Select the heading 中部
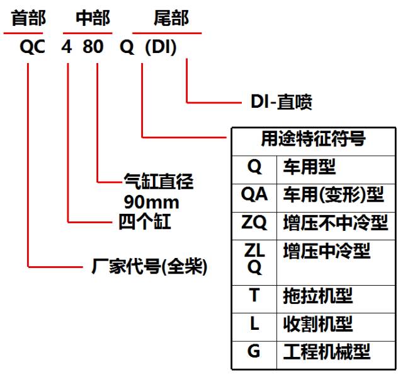click(x=93, y=18)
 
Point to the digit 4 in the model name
click(x=67, y=49)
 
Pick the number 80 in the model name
click(x=96, y=49)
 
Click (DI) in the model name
click(x=161, y=49)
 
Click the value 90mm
click(x=152, y=202)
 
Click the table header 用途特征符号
click(x=313, y=139)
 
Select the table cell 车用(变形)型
click(x=334, y=195)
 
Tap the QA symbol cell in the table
click(x=254, y=195)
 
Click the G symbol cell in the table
click(x=254, y=351)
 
